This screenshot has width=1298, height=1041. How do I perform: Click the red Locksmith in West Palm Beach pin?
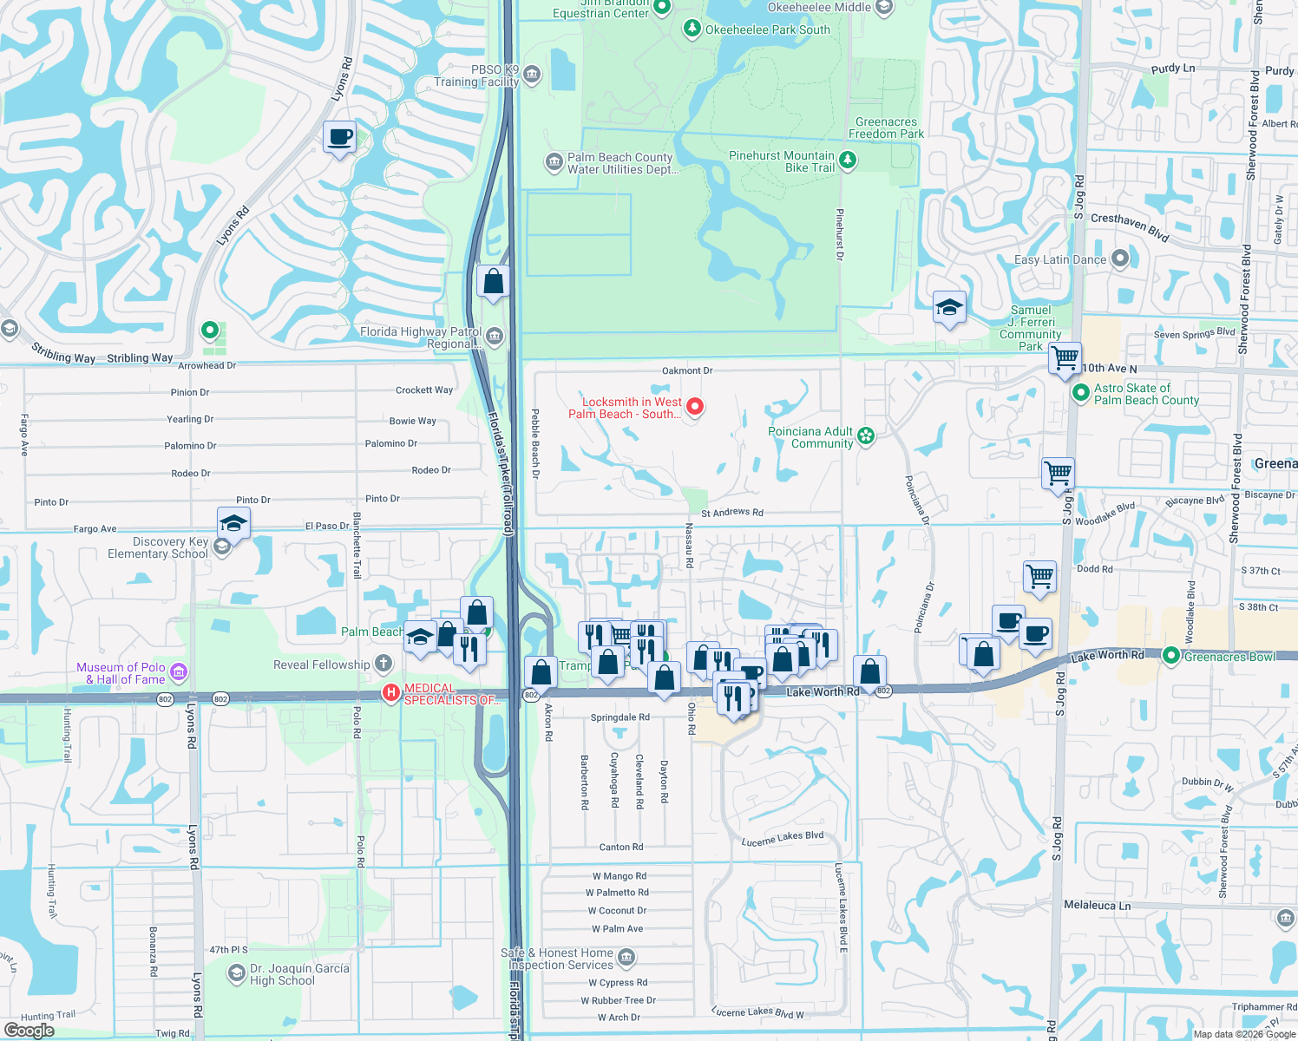click(x=694, y=406)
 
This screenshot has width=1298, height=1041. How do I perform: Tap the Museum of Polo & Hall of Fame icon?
click(x=179, y=671)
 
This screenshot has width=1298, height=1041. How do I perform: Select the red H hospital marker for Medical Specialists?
click(x=391, y=692)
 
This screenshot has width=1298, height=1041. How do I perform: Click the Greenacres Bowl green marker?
click(x=1170, y=656)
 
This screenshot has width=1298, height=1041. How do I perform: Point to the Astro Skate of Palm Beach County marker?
click(x=1080, y=393)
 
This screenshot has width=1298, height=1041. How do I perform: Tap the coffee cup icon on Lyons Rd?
click(x=339, y=137)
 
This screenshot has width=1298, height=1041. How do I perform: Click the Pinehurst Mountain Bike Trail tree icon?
click(x=848, y=160)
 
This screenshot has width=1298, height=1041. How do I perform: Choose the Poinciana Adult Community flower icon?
click(x=866, y=436)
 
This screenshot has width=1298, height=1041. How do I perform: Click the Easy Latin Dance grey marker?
click(x=1119, y=258)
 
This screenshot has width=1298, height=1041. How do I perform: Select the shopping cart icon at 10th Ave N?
click(x=1064, y=357)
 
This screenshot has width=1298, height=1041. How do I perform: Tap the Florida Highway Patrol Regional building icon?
click(x=494, y=337)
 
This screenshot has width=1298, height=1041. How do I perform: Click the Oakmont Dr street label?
click(x=687, y=370)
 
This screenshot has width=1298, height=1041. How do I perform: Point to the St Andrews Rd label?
click(x=731, y=513)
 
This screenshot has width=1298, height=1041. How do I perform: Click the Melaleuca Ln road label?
click(x=1097, y=905)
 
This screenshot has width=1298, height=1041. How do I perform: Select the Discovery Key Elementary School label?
click(x=159, y=547)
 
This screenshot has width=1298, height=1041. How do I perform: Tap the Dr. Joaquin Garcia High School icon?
click(x=236, y=974)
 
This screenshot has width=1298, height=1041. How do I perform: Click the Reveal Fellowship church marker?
click(x=383, y=665)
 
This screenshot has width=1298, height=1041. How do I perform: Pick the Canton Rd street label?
click(x=621, y=847)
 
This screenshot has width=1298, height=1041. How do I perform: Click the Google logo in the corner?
click(x=29, y=1031)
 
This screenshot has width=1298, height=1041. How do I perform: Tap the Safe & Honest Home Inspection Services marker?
click(x=626, y=958)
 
